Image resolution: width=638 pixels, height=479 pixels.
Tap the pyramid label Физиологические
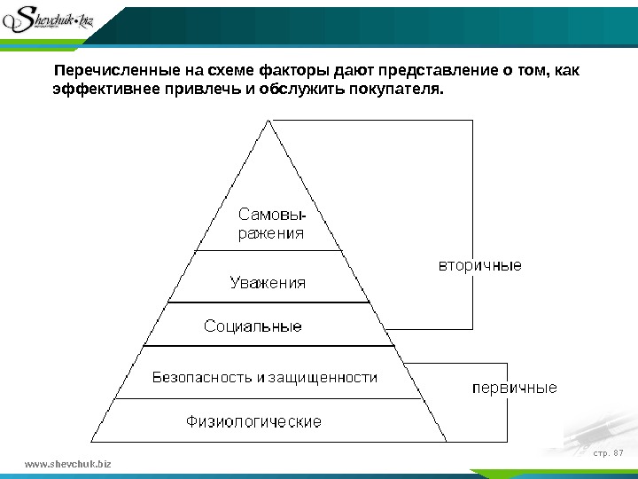tap(253, 420)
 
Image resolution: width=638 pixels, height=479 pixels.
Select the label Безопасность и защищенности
tap(265, 377)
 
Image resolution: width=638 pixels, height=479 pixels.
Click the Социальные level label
tap(253, 326)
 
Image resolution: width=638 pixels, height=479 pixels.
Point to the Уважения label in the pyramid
tap(268, 283)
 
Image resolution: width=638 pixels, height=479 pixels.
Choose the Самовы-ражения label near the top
tap(273, 224)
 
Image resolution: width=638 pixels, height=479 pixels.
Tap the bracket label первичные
tap(514, 388)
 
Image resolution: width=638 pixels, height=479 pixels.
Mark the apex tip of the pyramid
tap(267, 122)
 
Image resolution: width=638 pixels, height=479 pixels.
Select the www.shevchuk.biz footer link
tap(70, 463)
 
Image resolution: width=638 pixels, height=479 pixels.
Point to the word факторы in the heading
tap(295, 71)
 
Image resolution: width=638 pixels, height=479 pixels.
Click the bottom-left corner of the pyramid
tap(92, 440)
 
